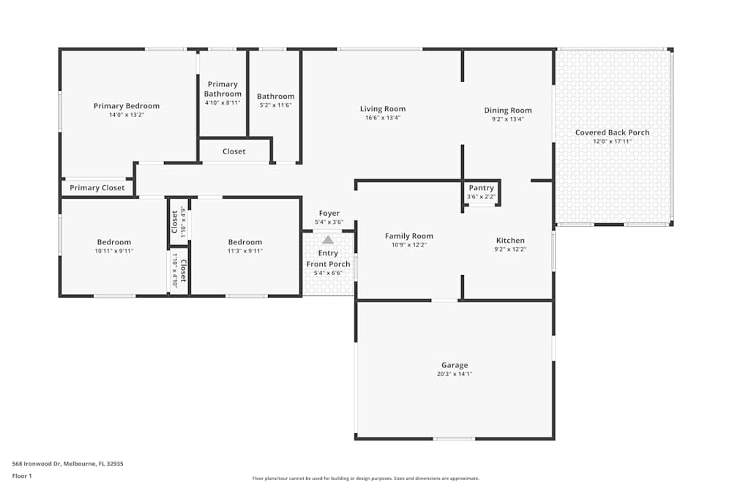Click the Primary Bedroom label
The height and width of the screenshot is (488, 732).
[x=126, y=106]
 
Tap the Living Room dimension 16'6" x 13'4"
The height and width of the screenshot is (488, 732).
[x=382, y=118]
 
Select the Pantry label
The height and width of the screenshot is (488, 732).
[x=481, y=188]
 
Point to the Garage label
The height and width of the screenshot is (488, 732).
[x=454, y=365]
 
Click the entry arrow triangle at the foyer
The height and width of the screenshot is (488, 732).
[x=328, y=239]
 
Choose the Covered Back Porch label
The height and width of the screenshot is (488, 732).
[x=612, y=132]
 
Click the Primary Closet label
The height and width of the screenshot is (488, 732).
[x=97, y=188]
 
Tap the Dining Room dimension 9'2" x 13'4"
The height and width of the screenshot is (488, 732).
[x=507, y=119]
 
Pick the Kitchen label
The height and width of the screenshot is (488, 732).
[x=510, y=240]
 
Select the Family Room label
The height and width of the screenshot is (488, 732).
[x=409, y=236]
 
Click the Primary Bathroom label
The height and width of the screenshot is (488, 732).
[x=223, y=89]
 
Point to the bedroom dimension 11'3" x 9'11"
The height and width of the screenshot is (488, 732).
[x=244, y=251]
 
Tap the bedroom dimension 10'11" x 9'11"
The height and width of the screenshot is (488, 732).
[x=114, y=251]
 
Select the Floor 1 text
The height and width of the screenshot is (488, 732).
[x=22, y=476]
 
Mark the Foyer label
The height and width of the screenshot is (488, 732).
[x=329, y=214]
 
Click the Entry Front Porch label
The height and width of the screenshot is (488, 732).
[x=328, y=258]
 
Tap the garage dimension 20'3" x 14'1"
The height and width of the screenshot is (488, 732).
[x=454, y=374]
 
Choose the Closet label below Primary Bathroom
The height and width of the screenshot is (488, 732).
[x=234, y=151]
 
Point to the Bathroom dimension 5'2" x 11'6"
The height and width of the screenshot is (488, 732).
[x=275, y=105]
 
